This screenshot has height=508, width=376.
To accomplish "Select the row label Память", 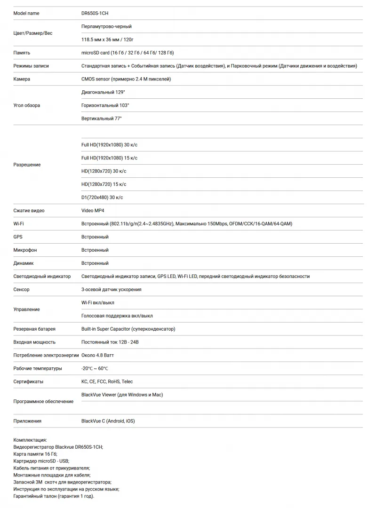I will tap(22, 53).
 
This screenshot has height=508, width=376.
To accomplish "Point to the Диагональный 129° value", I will tap(103, 92).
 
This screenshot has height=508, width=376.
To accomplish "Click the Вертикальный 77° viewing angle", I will tap(101, 119).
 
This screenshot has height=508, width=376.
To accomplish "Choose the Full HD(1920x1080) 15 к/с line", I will tap(109, 158).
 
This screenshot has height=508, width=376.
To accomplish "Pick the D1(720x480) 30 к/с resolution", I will tap(102, 198).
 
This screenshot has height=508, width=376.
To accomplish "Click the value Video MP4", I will tap(93, 211).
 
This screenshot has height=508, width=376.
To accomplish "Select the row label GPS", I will tap(18, 237).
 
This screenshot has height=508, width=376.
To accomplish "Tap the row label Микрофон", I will tap(25, 250).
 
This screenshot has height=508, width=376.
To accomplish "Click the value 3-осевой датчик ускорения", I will tap(111, 290).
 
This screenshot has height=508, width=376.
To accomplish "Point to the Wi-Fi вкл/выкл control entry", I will tap(97, 303).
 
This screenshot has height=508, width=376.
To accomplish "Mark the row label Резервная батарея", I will tap(34, 329).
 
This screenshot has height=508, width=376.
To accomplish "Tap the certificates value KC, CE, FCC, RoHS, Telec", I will tap(107, 382).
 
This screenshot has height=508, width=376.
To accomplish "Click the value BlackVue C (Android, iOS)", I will tap(108, 421).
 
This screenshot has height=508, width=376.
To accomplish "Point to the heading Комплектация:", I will tap(30, 440).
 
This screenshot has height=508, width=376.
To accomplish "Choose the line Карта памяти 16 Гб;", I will tap(35, 454).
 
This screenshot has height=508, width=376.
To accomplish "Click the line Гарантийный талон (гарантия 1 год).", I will tap(54, 496).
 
